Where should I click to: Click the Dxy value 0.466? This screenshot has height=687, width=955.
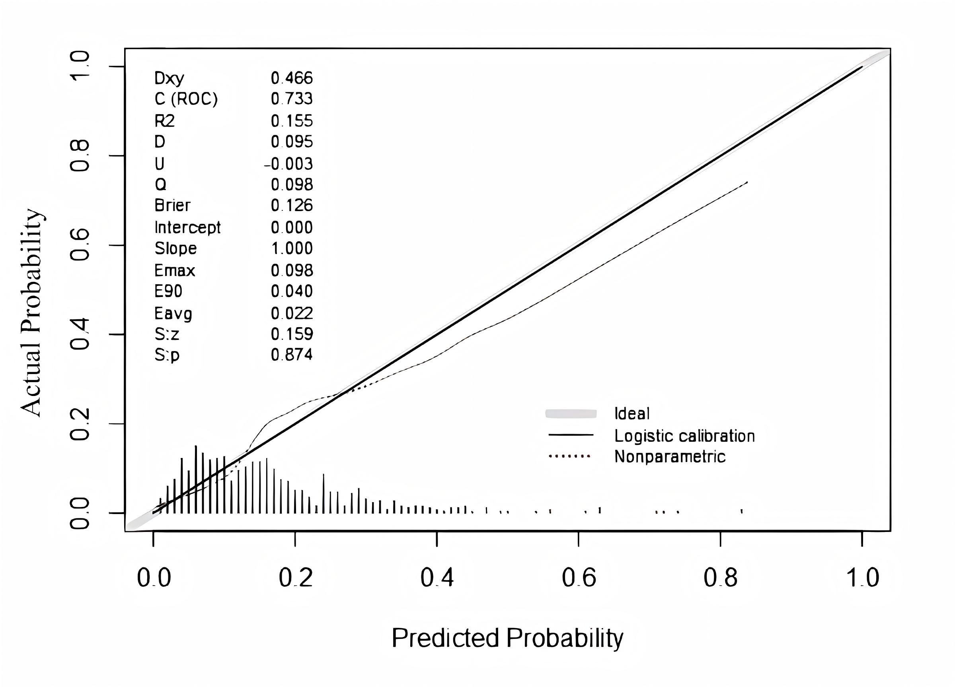292,78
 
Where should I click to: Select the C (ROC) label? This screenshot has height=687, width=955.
186,99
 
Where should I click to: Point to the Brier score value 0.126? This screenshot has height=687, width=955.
292,205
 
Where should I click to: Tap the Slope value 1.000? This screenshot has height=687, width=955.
292,248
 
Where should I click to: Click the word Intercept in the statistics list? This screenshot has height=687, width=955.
187,227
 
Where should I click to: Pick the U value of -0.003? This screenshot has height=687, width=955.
289,164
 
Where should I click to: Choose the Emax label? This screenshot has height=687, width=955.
175,270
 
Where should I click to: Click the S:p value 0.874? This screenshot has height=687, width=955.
292,355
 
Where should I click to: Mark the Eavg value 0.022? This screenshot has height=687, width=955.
292,313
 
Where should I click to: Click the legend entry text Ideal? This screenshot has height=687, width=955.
632,414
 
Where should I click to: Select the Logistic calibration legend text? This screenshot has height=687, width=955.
684,436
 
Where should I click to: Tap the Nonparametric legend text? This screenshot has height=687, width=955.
670,457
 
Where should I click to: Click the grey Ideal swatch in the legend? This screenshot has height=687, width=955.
571,414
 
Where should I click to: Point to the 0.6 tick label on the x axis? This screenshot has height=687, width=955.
579,578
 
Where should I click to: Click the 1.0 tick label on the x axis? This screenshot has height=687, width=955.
862,578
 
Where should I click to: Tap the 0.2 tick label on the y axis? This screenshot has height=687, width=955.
80,424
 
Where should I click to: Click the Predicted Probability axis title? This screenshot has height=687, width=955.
507,638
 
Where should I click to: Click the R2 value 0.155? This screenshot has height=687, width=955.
292,121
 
